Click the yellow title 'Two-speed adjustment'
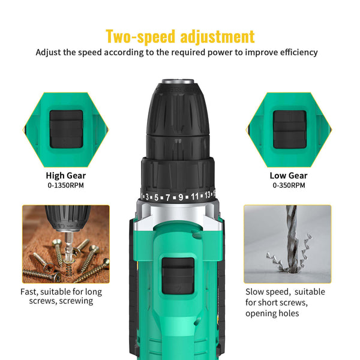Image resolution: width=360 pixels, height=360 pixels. coord(180,36)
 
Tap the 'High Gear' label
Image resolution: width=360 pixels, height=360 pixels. coord(66,176)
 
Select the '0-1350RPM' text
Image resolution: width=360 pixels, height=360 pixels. coord(66,185)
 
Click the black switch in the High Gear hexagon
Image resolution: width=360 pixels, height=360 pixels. coord(66,128)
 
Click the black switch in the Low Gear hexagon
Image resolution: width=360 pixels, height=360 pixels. coord(290,128)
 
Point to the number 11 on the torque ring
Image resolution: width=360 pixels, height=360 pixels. coord(195,197)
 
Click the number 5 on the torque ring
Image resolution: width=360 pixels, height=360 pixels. coord(156,197)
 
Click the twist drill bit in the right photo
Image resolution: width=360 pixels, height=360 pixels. coord(292,234)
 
